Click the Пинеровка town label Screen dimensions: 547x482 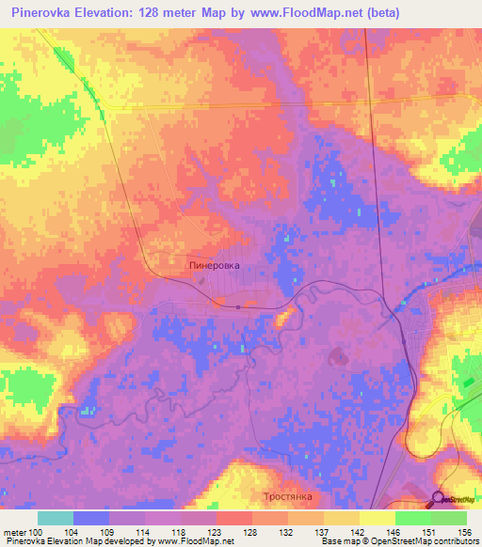tap(215, 266)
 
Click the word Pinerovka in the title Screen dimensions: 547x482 tap(43, 13)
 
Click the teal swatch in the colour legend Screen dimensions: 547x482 tap(56, 518)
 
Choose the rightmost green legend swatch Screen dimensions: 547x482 tap(449, 518)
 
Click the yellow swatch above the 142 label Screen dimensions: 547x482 tap(342, 518)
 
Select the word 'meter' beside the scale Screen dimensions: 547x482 tap(15, 531)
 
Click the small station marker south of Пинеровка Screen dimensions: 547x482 tap(239, 306)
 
